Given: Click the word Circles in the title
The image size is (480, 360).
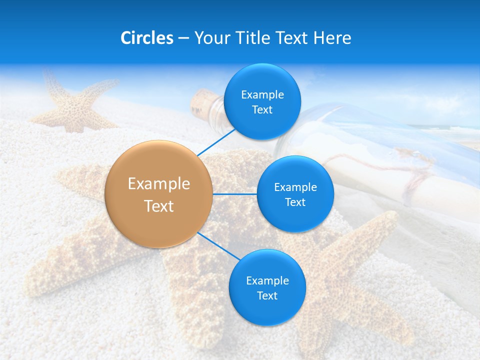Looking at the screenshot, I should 147,38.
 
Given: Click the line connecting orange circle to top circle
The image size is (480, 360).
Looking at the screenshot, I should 216,141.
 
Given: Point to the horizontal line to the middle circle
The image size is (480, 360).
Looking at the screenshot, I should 235,194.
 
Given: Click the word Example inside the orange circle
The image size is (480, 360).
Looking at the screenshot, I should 159,184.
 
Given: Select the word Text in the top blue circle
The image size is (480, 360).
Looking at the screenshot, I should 262,110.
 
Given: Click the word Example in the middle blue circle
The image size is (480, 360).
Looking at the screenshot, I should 295,187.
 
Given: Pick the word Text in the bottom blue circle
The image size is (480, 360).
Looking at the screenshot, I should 267,295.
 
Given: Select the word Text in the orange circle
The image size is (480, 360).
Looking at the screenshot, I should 159,206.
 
